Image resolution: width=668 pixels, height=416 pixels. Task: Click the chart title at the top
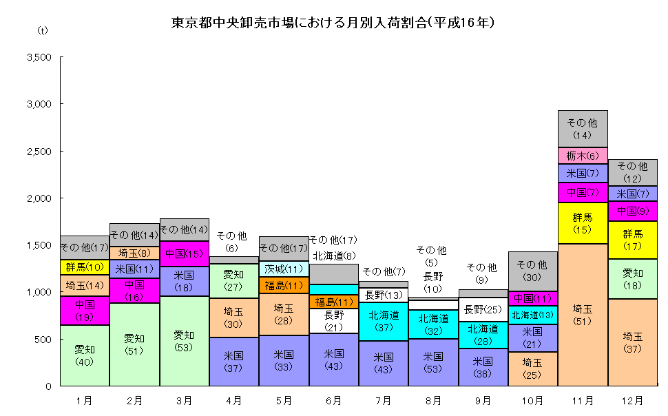(x=333, y=22)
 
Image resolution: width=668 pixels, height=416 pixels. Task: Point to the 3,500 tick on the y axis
(x=39, y=57)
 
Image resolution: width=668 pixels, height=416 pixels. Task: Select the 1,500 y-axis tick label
(x=39, y=245)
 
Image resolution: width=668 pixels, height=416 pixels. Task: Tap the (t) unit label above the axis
(x=43, y=31)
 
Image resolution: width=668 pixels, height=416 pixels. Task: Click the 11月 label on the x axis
(x=582, y=399)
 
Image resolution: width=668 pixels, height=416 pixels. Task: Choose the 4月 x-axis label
(x=233, y=399)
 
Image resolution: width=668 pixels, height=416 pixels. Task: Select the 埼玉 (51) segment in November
(x=583, y=315)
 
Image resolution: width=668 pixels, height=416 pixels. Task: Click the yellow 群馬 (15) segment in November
(x=583, y=223)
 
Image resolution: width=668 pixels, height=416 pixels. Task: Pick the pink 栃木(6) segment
(x=583, y=156)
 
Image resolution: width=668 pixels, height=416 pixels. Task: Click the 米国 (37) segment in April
(x=233, y=362)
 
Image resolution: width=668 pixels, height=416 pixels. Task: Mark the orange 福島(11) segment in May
(x=284, y=285)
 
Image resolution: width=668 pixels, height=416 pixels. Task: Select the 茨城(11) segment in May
(x=284, y=269)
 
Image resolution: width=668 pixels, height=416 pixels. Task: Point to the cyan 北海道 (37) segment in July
(x=384, y=322)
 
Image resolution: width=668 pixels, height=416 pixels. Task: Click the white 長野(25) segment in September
(x=483, y=309)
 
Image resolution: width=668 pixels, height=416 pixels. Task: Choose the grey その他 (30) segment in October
(x=532, y=271)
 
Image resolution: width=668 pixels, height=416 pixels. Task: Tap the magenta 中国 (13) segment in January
(x=85, y=310)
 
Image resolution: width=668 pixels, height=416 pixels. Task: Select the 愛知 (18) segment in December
(x=632, y=279)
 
